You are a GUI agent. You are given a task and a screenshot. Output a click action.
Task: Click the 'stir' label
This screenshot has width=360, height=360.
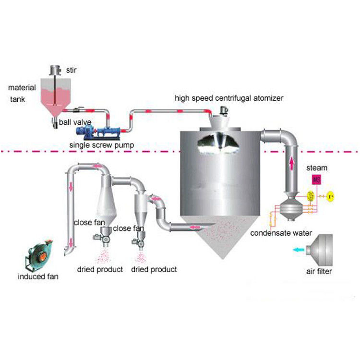click(71, 70)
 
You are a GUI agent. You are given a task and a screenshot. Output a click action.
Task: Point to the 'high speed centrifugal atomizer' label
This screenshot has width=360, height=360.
click(228, 98)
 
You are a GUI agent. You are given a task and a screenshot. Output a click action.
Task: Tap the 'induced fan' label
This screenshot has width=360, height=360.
click(38, 276)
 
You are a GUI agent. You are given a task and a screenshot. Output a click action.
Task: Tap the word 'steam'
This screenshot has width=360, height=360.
click(317, 168)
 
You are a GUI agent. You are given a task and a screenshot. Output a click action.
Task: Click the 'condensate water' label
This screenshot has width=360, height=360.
click(281, 233)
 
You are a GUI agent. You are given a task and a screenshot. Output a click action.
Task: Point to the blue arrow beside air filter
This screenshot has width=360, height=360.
click(298, 250)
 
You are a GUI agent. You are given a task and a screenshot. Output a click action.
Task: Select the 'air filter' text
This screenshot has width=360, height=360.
click(319, 271)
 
